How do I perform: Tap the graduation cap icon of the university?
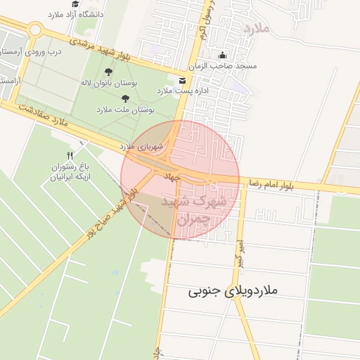(x=75, y=4)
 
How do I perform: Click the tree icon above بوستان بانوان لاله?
(x=108, y=72)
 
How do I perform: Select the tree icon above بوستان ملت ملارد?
(x=126, y=99)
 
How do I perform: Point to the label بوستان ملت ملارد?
(x=124, y=110)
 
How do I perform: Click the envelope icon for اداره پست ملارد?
(x=183, y=80)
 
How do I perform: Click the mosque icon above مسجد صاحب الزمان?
(x=224, y=56)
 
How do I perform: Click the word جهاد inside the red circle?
(x=172, y=174)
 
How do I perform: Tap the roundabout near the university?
(x=34, y=30)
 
